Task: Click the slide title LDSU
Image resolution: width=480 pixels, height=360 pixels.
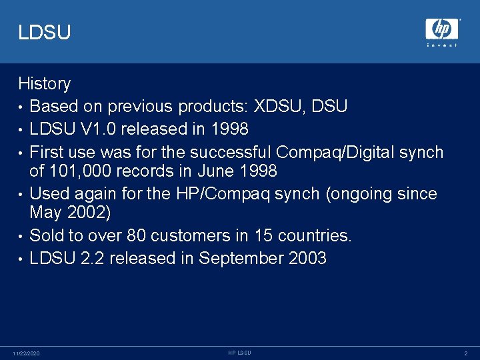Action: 44,32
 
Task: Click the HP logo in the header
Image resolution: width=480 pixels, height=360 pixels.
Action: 442,29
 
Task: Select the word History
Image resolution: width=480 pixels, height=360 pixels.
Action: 44,84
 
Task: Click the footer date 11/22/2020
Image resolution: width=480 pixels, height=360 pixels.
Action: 26,353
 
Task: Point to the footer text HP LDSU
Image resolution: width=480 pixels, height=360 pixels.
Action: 239,352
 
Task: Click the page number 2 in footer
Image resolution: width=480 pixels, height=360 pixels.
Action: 466,353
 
